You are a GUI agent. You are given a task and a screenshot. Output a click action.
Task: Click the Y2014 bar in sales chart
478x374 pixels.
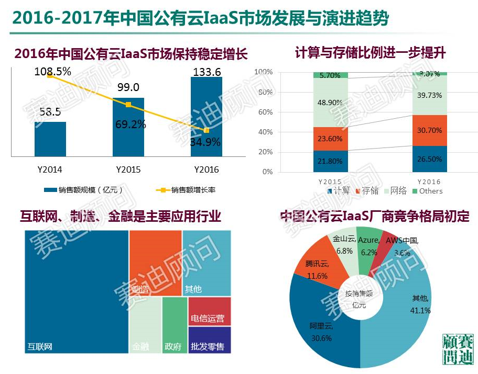coord(50,139)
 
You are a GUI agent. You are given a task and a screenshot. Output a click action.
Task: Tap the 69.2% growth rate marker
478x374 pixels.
coord(128,105)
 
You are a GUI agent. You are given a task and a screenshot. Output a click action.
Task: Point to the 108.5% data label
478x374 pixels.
coord(53,72)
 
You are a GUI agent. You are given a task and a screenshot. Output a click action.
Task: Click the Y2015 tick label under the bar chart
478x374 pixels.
coord(128,169)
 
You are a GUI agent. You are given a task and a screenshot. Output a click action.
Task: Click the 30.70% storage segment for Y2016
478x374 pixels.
coord(429,130)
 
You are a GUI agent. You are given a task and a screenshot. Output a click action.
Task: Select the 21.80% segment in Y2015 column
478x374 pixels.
coord(330,162)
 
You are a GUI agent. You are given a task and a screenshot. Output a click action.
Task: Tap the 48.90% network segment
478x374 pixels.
coord(330,103)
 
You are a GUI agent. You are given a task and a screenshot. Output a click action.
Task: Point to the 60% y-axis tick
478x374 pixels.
coord(266,112)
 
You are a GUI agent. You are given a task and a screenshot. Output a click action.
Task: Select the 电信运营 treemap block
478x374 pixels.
coord(209,311)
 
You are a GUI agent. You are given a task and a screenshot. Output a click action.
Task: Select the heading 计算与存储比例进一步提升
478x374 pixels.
coord(370,53)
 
